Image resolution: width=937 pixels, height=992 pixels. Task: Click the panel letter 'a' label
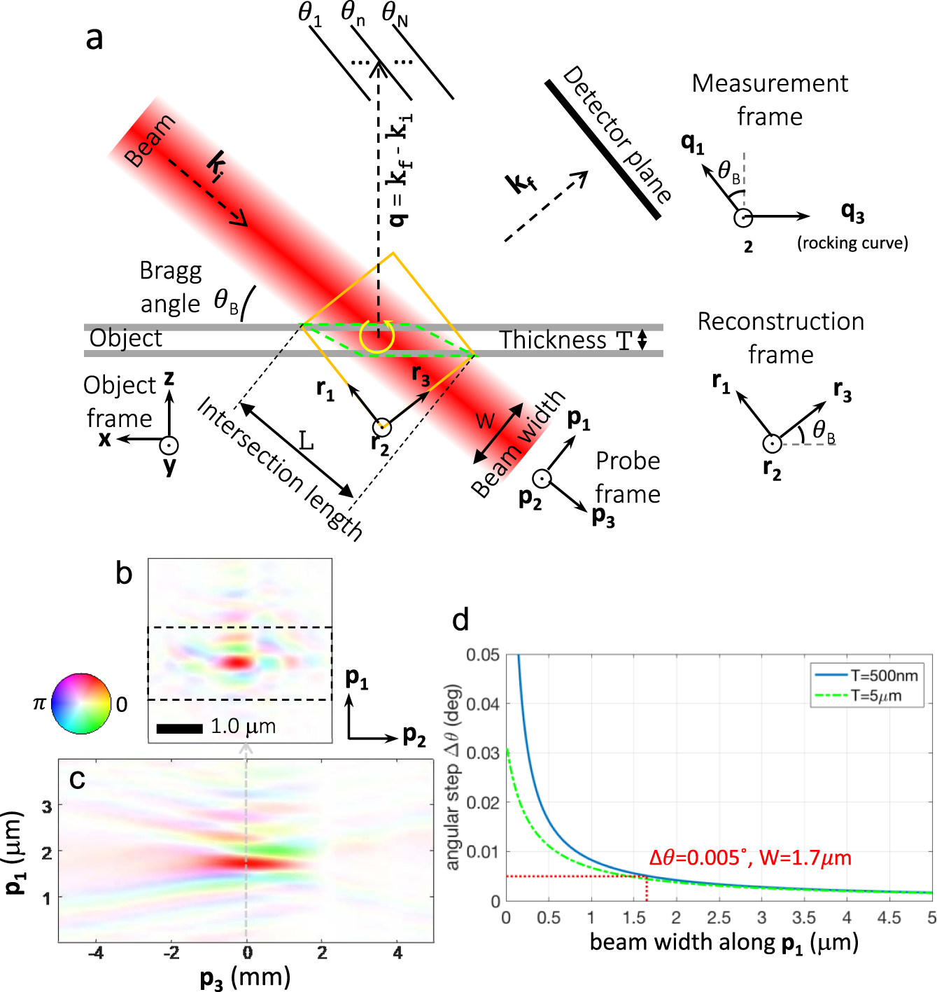[94, 39]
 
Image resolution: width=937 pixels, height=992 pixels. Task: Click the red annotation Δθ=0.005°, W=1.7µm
[750, 858]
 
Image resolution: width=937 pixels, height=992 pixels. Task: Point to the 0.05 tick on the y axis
[483, 655]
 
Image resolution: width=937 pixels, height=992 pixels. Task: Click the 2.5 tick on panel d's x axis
[719, 918]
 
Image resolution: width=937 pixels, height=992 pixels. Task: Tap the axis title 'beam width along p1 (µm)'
[724, 943]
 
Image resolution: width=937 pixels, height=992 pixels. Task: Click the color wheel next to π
[82, 704]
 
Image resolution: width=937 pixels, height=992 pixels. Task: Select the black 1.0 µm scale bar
[180, 729]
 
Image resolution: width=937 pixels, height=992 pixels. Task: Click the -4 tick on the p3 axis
[96, 953]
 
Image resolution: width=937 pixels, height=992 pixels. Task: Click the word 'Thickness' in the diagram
[552, 340]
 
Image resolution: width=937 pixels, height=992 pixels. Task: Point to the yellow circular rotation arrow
[376, 337]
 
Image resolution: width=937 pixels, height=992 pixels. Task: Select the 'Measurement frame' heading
[770, 99]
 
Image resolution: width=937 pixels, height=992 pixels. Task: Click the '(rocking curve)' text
[852, 243]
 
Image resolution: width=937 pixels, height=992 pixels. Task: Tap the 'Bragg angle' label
[171, 287]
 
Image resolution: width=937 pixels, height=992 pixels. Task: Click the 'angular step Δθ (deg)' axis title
[453, 777]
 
